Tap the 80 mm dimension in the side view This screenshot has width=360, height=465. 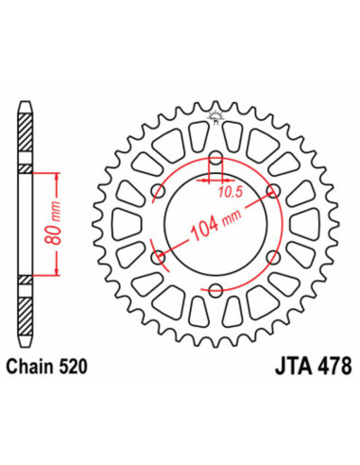(54, 225)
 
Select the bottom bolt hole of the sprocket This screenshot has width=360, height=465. (215, 288)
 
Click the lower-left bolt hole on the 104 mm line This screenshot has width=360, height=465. (159, 255)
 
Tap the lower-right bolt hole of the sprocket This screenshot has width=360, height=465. (272, 255)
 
